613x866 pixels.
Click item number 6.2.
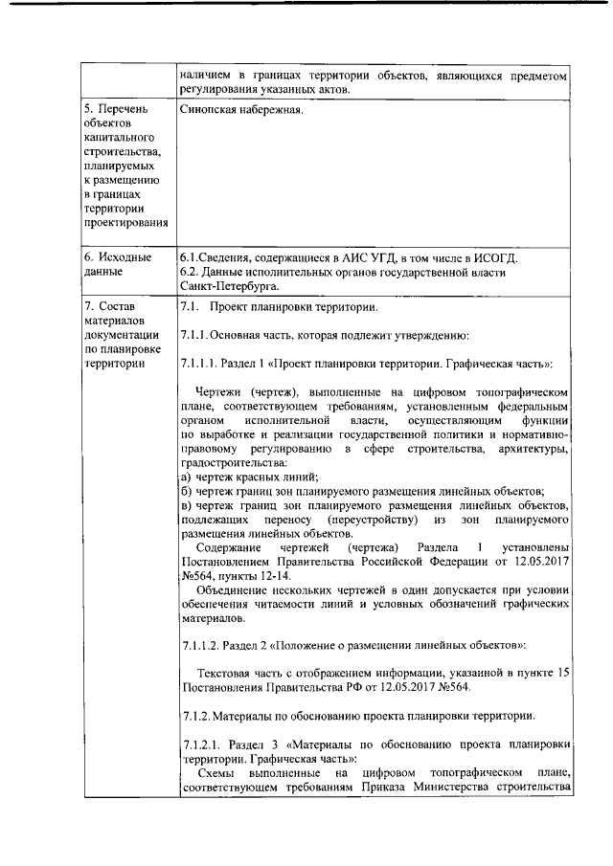(190, 272)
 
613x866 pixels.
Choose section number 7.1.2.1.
(201, 744)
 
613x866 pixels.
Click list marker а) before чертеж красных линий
(186, 477)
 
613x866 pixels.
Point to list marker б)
(186, 491)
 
